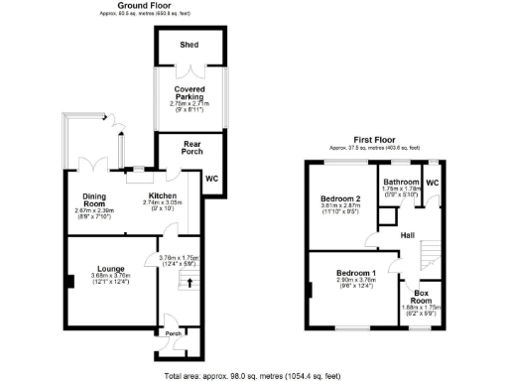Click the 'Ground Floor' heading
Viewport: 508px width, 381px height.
[x=148, y=5]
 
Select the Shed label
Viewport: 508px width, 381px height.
[x=189, y=46]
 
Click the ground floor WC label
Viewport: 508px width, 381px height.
[x=210, y=179]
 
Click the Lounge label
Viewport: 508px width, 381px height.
[x=105, y=267]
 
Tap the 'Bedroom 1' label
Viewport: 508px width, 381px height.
[x=354, y=273]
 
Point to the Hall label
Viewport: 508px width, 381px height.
[x=407, y=235]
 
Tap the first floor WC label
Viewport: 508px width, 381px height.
[x=433, y=183]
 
